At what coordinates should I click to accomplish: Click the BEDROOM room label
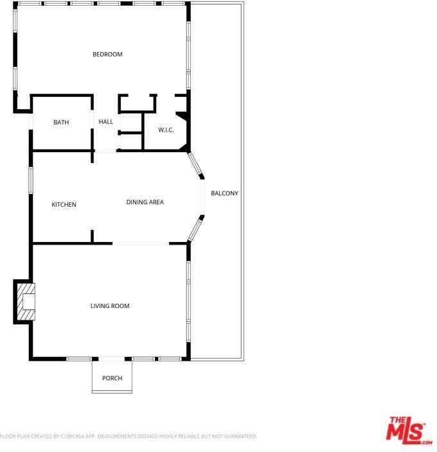click(107, 55)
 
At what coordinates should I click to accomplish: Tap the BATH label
click(61, 122)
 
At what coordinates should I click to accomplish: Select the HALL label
click(106, 121)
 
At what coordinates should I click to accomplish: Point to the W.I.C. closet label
click(166, 130)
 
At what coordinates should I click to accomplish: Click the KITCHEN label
click(64, 205)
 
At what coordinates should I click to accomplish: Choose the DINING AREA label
click(145, 202)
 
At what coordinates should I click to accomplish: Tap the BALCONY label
click(224, 193)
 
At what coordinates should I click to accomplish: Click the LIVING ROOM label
click(110, 306)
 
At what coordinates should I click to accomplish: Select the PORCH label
click(112, 378)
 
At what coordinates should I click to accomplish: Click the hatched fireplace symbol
click(27, 301)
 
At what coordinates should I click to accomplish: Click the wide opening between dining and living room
click(141, 244)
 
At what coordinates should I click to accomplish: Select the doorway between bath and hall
click(94, 122)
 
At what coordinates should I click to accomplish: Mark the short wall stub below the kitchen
click(93, 237)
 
